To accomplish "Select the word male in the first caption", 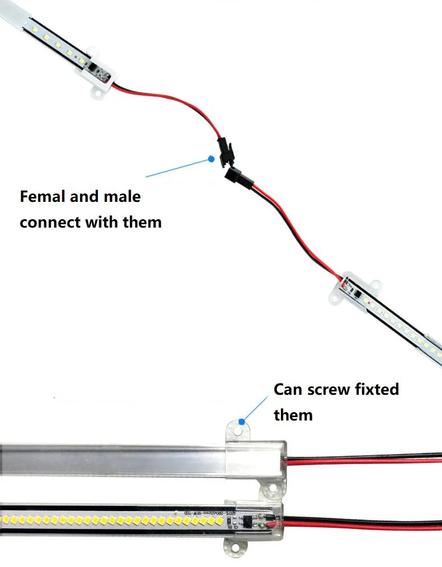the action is pos(122,197).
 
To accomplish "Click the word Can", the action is pos(288,389).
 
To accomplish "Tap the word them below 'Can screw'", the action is pos(293,415).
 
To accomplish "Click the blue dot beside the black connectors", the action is pos(211,159).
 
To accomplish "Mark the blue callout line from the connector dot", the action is pos(178,168).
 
